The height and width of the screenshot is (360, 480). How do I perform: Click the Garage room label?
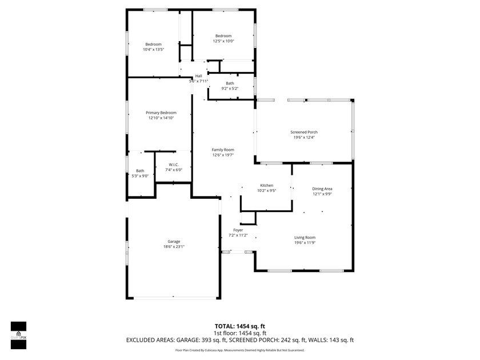tap(174, 241)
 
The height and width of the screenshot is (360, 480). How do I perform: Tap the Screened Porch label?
tap(304, 132)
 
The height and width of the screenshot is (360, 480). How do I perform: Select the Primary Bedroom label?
tap(161, 113)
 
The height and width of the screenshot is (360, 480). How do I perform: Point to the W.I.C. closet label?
tap(174, 165)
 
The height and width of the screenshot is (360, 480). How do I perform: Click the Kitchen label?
tap(267, 186)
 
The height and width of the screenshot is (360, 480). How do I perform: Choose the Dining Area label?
tap(322, 189)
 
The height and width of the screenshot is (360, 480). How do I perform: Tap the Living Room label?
tap(305, 237)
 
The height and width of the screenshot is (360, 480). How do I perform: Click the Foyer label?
tap(238, 230)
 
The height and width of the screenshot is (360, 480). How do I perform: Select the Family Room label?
tap(223, 150)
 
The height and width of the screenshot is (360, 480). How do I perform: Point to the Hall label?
tap(198, 76)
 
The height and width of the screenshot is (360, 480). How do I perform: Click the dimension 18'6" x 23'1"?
tap(174, 247)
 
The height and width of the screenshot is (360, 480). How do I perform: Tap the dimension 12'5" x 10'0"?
tap(223, 41)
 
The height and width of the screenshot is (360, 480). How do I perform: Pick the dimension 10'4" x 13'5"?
tap(153, 50)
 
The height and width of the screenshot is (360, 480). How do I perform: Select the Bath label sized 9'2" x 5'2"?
tap(230, 83)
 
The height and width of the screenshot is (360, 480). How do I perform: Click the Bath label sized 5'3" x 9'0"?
tap(140, 170)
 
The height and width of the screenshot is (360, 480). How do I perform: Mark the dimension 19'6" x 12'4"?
tap(304, 137)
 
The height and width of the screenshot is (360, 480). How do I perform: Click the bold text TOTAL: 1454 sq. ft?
tap(239, 326)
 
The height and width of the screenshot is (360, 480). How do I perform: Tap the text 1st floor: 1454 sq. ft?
tap(239, 333)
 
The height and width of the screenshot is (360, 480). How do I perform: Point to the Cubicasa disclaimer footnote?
tap(239, 350)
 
